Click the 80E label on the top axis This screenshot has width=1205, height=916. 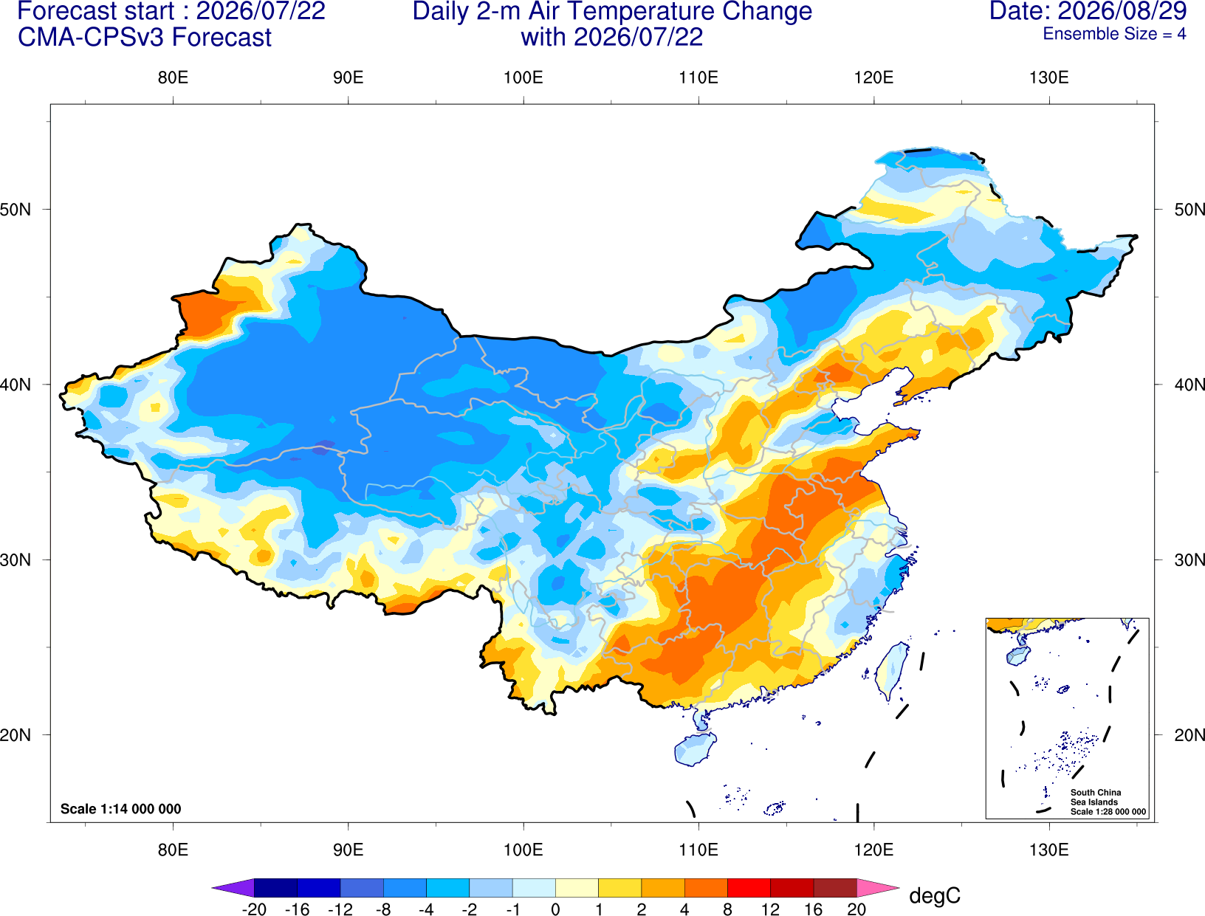(173, 78)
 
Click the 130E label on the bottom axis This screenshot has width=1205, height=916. (1048, 850)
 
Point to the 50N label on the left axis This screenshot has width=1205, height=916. (16, 209)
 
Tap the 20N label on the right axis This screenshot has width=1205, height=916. (1189, 735)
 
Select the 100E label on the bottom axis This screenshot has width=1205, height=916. (523, 850)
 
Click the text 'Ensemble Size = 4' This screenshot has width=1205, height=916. (1114, 34)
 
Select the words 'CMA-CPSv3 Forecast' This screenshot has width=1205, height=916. (145, 38)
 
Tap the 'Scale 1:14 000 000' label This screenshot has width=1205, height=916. (121, 808)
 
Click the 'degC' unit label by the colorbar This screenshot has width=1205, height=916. (934, 895)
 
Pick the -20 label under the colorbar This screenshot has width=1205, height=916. (254, 909)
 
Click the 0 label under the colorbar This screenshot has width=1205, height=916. (555, 909)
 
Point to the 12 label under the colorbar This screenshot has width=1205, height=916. (770, 909)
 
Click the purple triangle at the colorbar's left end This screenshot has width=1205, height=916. (233, 887)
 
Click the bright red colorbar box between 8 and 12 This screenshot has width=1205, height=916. (749, 887)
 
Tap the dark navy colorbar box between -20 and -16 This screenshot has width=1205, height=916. (275, 887)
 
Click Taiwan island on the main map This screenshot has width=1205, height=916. (890, 671)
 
